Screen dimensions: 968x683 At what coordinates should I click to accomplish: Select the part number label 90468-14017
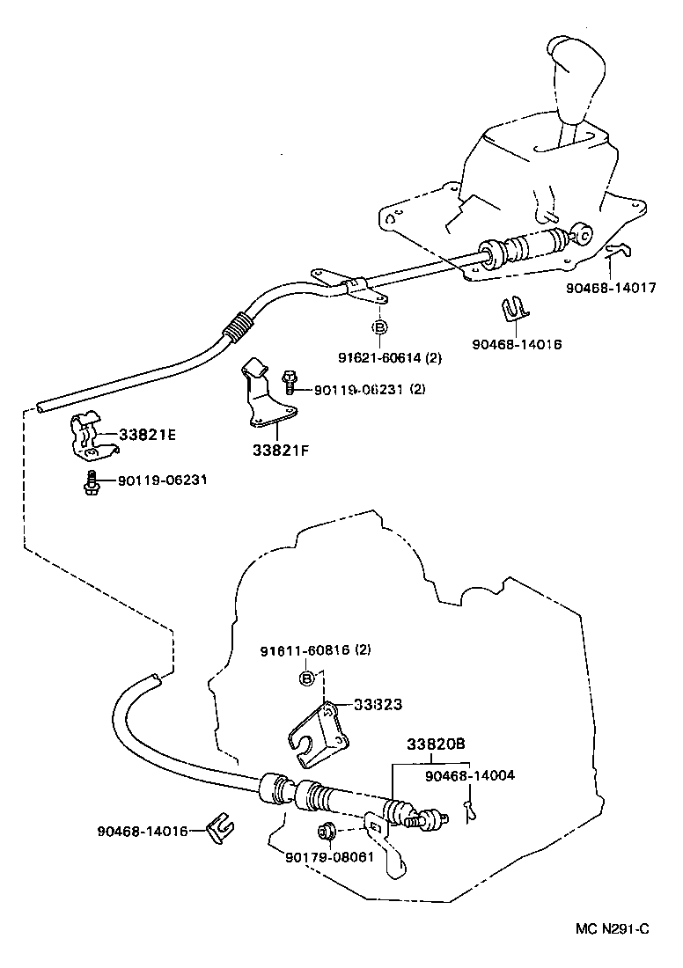tap(611, 288)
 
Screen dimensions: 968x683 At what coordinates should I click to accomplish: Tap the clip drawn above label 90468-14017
tap(620, 252)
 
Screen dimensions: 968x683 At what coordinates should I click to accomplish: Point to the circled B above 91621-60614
tap(379, 327)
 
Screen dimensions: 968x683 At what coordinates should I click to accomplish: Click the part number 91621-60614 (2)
tap(390, 357)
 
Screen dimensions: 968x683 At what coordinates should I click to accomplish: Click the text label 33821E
tap(148, 434)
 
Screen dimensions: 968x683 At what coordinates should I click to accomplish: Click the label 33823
tap(378, 704)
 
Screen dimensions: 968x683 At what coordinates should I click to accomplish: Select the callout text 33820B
tap(436, 744)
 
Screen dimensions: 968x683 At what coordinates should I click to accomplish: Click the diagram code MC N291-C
tap(613, 928)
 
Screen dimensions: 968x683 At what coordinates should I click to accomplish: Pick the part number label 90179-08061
tap(330, 856)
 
